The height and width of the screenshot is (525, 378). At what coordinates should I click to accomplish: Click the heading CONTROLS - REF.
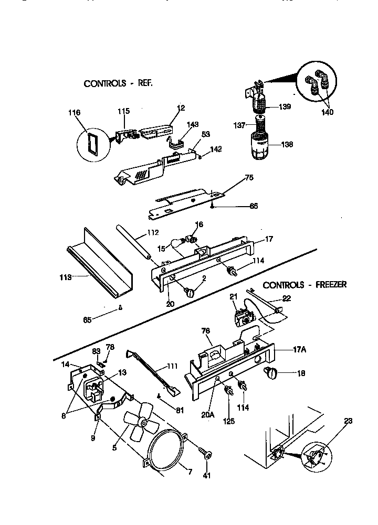[x=118, y=83]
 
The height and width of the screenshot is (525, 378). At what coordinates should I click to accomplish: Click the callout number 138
[x=287, y=145]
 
